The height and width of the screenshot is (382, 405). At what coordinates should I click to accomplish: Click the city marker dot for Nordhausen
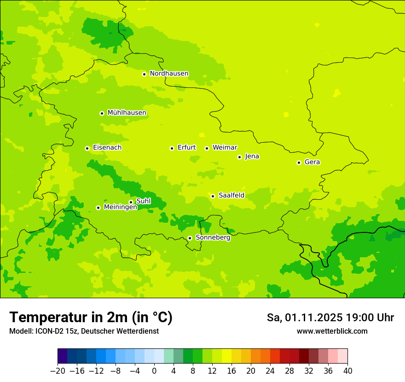pyautogui.click(x=144, y=74)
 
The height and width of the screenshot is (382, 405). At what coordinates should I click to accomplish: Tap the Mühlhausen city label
pyautogui.click(x=127, y=113)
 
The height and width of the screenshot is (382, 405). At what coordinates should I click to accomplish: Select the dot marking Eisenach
pyautogui.click(x=87, y=148)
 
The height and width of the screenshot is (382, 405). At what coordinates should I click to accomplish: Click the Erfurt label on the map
pyautogui.click(x=186, y=148)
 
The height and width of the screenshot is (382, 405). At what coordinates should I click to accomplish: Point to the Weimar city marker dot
pyautogui.click(x=207, y=148)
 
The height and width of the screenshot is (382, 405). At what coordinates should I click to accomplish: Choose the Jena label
pyautogui.click(x=252, y=156)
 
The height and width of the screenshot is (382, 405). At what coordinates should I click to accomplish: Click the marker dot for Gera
pyautogui.click(x=299, y=162)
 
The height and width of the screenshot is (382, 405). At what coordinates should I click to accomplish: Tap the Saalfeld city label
pyautogui.click(x=231, y=196)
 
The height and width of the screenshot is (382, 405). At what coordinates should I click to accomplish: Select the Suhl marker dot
pyautogui.click(x=131, y=202)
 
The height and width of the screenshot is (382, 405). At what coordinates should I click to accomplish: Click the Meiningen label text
pyautogui.click(x=120, y=208)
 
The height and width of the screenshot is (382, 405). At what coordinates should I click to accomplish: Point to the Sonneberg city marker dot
pyautogui.click(x=190, y=238)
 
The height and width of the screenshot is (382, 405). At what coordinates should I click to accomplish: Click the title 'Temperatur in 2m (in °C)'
pyautogui.click(x=91, y=318)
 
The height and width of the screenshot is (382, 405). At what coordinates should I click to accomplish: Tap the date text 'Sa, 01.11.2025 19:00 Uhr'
pyautogui.click(x=330, y=318)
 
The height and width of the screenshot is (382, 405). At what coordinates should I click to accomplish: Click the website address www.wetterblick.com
pyautogui.click(x=332, y=331)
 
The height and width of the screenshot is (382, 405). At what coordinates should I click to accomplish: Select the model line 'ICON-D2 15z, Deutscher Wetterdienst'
pyautogui.click(x=84, y=331)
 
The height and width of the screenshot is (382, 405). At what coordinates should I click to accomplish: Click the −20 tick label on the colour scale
pyautogui.click(x=58, y=371)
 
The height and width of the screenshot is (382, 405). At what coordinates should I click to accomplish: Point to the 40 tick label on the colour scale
pyautogui.click(x=347, y=371)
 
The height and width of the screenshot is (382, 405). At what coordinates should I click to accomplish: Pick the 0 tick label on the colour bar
pyautogui.click(x=154, y=371)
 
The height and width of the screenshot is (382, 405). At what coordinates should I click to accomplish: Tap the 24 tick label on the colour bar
pyautogui.click(x=270, y=371)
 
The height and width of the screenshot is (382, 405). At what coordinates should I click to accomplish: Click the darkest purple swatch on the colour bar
pyautogui.click(x=62, y=356)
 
